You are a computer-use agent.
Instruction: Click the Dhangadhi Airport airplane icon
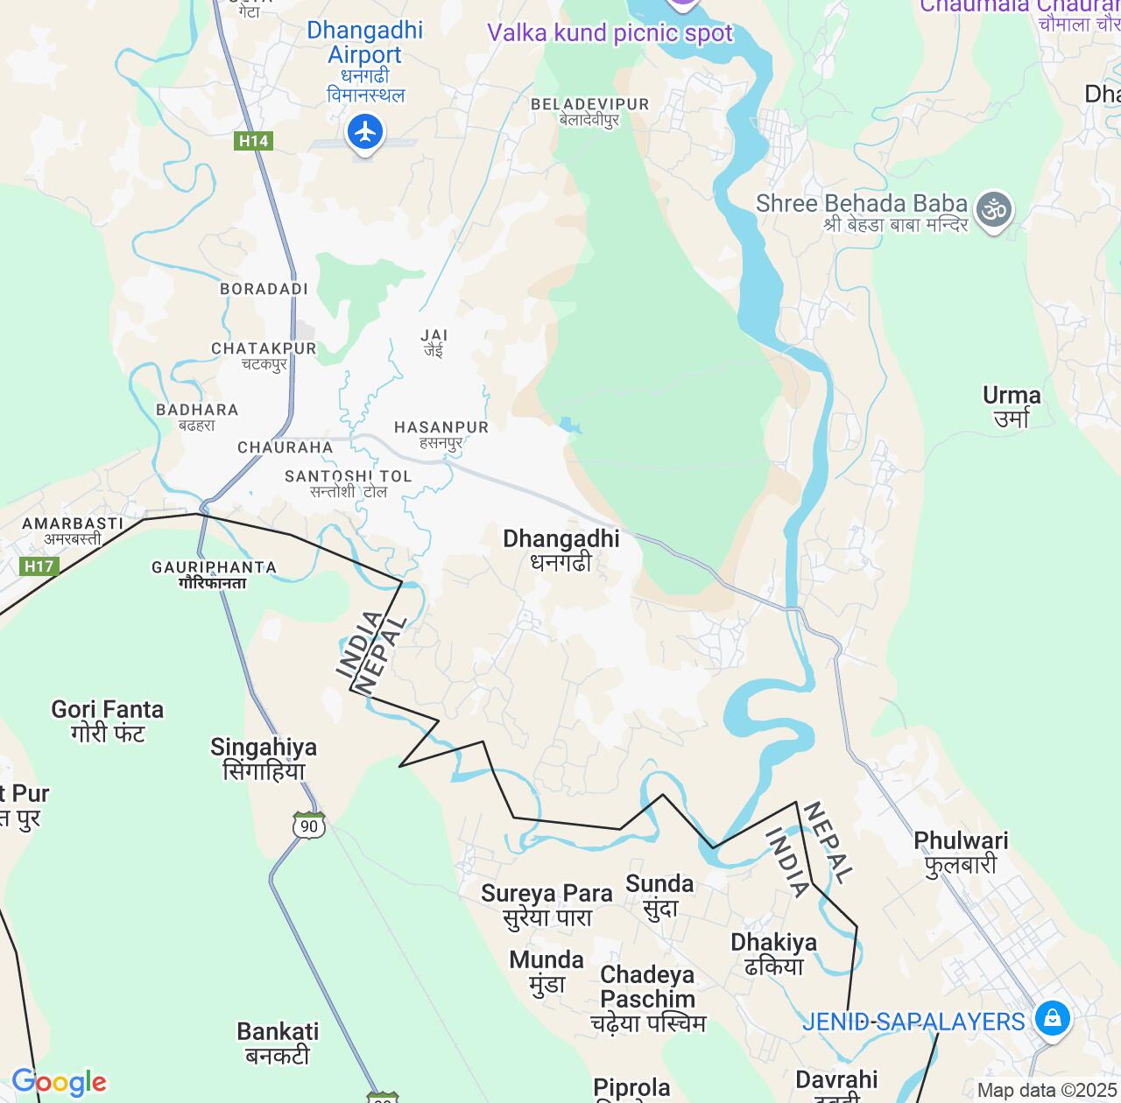pyautogui.click(x=365, y=133)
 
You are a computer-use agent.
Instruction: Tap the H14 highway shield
pyautogui.click(x=253, y=140)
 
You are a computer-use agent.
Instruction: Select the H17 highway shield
pyautogui.click(x=39, y=566)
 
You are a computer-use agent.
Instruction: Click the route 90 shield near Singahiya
pyautogui.click(x=309, y=825)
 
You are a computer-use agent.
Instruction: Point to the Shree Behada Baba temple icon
pyautogui.click(x=994, y=211)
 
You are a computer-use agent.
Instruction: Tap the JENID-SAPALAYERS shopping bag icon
pyautogui.click(x=1052, y=1018)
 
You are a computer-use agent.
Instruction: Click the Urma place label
pyautogui.click(x=1012, y=406)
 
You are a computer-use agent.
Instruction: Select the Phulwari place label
pyautogui.click(x=961, y=852)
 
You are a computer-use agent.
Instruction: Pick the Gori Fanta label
pyautogui.click(x=108, y=720)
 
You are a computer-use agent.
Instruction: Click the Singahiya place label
pyautogui.click(x=264, y=758)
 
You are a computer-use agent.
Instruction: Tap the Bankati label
pyautogui.click(x=278, y=1043)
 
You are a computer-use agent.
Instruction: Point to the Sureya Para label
pyautogui.click(x=546, y=905)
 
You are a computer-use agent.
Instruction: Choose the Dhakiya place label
pyautogui.click(x=773, y=953)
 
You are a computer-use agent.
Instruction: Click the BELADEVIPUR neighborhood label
pyautogui.click(x=589, y=111)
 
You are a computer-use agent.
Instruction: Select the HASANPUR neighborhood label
pyautogui.click(x=441, y=434)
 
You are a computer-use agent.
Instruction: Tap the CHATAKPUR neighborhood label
pyautogui.click(x=264, y=355)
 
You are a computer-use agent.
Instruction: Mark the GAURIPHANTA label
pyautogui.click(x=214, y=574)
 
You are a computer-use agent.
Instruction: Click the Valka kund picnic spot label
pyautogui.click(x=610, y=33)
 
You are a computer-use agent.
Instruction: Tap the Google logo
pyautogui.click(x=59, y=1083)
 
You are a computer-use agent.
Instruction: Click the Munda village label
pyautogui.click(x=546, y=971)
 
